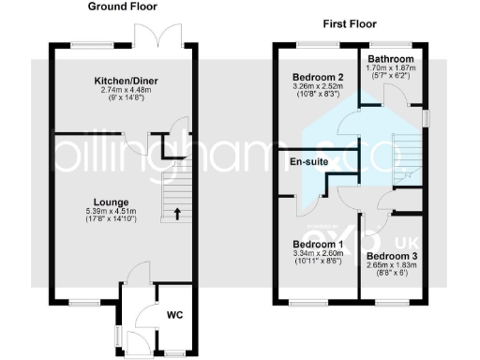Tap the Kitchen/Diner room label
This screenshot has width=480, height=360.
(125, 82)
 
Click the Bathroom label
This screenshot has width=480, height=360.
(392, 58)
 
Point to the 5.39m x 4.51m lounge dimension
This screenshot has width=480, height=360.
(111, 212)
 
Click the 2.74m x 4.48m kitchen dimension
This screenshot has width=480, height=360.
(125, 91)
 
